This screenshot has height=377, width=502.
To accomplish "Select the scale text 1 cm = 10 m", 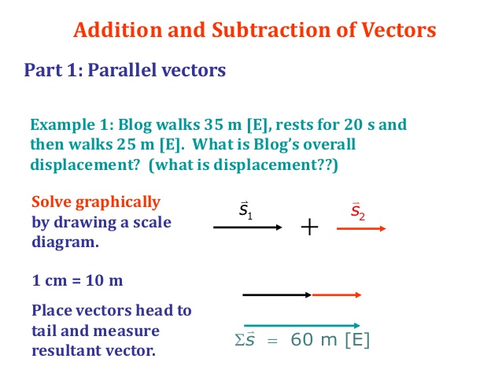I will [x=77, y=279].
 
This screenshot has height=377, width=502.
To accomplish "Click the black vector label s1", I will [x=245, y=211].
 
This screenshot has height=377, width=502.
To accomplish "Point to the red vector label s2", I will [x=357, y=211].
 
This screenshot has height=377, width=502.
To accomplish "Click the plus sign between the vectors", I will [x=309, y=228].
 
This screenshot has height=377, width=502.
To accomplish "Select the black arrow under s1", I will [x=247, y=228].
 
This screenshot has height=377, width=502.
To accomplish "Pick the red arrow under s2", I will [x=361, y=228].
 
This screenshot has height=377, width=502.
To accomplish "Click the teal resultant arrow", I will [x=301, y=324].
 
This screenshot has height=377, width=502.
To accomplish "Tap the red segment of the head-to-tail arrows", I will [x=337, y=295].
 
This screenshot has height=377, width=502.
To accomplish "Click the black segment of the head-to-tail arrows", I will [x=277, y=295].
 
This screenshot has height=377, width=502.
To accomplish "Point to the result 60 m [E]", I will [x=330, y=341].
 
